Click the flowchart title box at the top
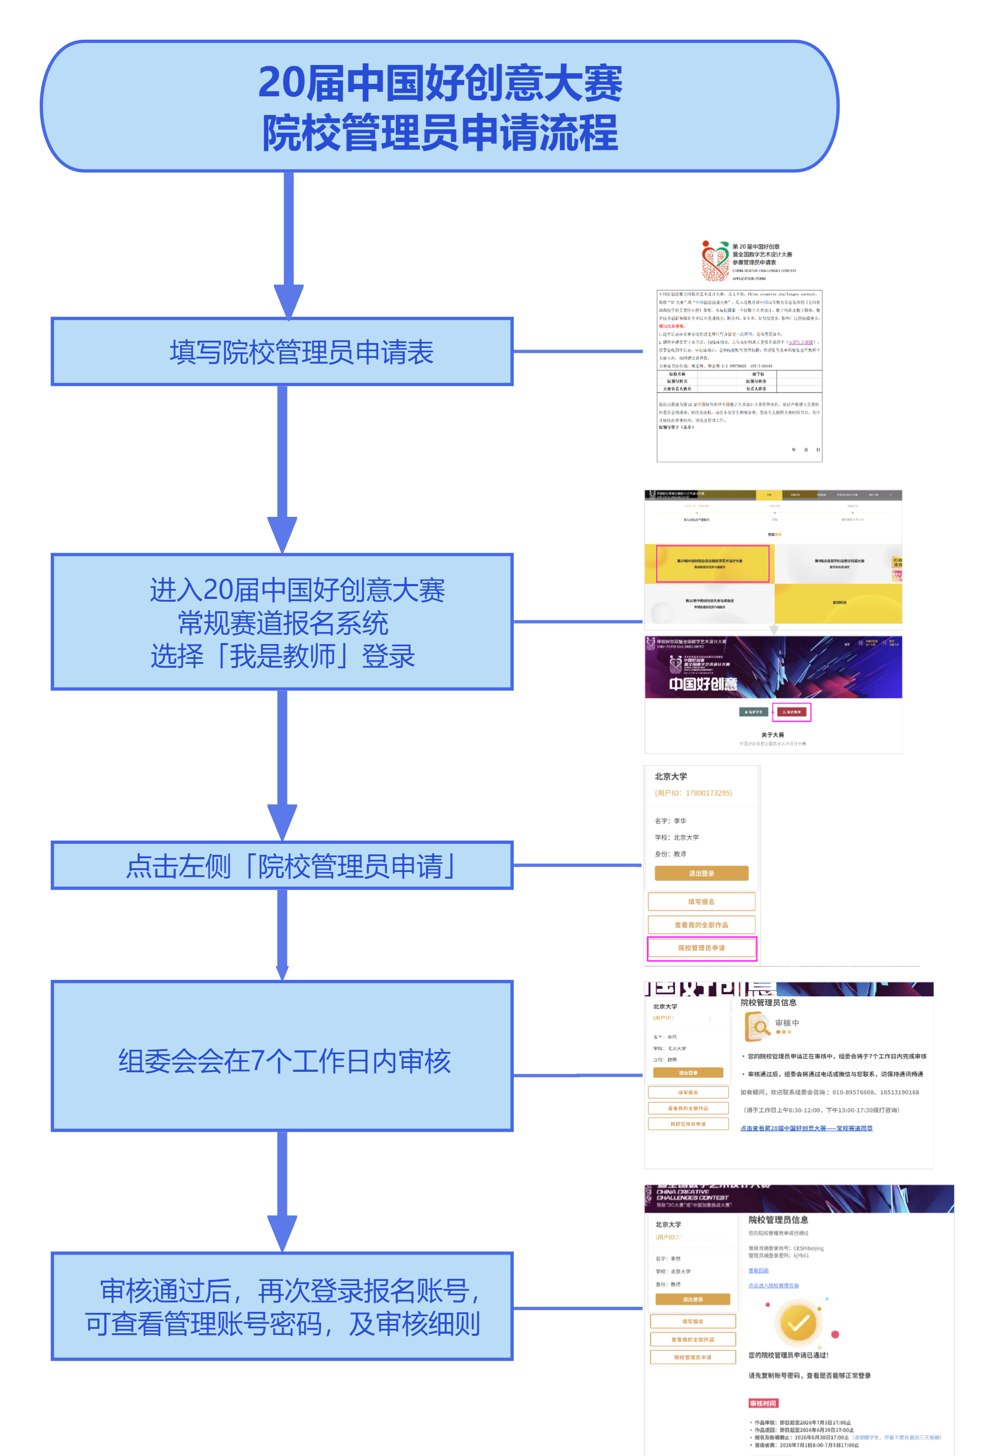(x=439, y=106)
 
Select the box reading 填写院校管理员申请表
(x=282, y=351)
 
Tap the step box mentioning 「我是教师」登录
(x=282, y=621)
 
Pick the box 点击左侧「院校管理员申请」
(x=282, y=865)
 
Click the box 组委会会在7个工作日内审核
(x=282, y=1061)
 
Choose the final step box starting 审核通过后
(x=282, y=1307)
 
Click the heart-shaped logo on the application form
(x=715, y=260)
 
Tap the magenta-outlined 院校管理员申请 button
(x=701, y=948)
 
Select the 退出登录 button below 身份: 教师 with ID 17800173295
(x=701, y=874)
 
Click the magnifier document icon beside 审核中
(x=757, y=1027)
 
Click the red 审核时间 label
(x=763, y=1403)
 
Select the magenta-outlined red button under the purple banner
(x=792, y=712)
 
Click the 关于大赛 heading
(x=772, y=735)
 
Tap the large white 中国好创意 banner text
(x=703, y=684)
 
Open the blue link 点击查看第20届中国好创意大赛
(x=806, y=1128)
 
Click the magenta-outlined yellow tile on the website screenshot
(x=712, y=563)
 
